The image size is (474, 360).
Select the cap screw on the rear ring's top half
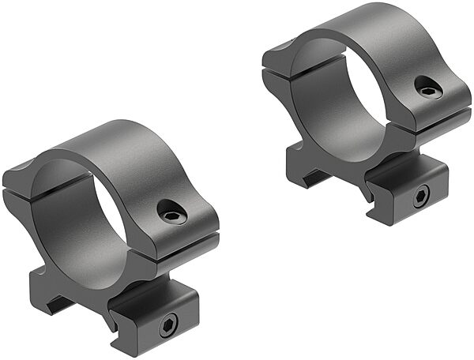click(427, 92)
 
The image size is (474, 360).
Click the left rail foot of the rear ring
click(304, 170)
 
